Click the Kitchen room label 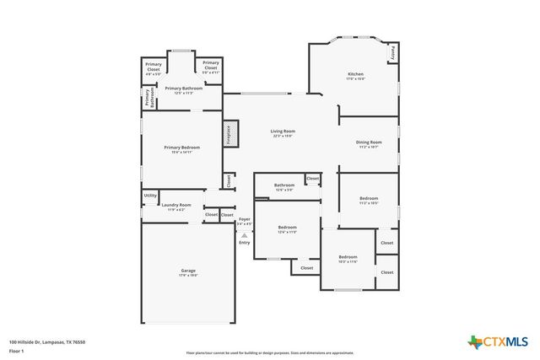click(355, 76)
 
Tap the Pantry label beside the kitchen click(392, 52)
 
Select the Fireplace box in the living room click(228, 134)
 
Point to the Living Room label click(282, 133)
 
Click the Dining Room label click(369, 144)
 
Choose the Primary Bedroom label click(181, 149)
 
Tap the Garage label click(187, 272)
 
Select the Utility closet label click(150, 196)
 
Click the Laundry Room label click(176, 206)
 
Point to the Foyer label click(244, 221)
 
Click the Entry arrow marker click(244, 237)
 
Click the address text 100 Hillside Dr click(47, 341)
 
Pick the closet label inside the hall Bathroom click(312, 179)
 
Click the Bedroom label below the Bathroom click(288, 228)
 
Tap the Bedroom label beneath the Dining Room click(369, 201)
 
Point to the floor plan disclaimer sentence click(269, 352)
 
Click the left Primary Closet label click(153, 67)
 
